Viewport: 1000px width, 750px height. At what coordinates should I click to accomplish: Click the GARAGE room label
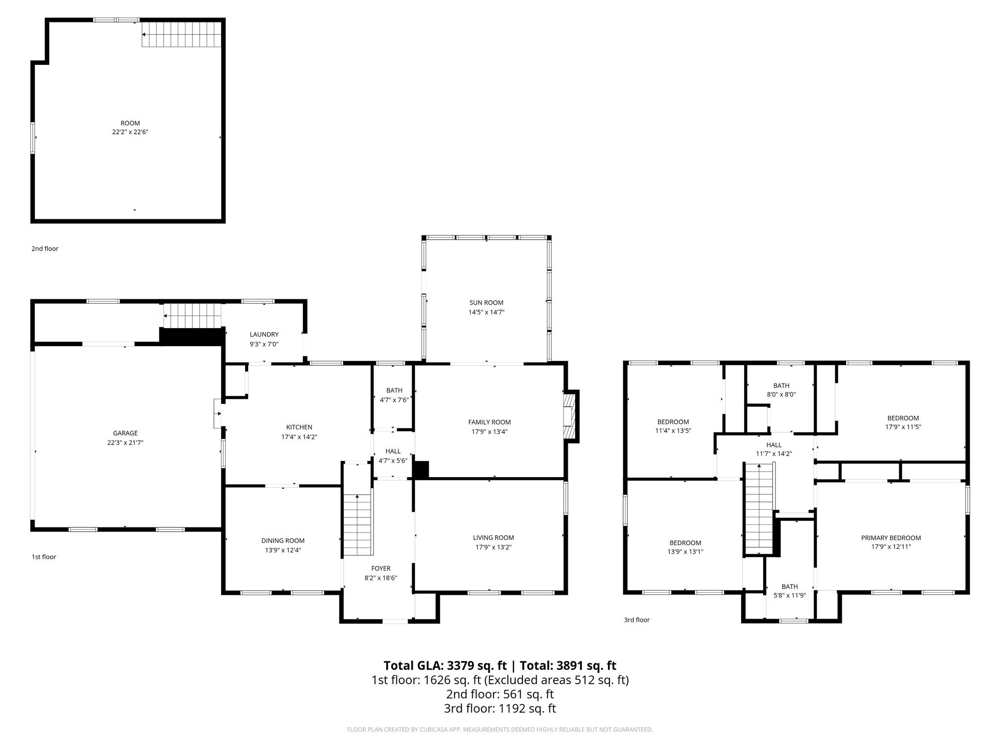(x=125, y=433)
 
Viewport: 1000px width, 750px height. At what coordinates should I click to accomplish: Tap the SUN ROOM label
(x=486, y=303)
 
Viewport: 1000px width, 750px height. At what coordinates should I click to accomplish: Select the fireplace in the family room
(x=569, y=416)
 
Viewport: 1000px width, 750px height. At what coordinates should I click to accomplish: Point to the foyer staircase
(x=357, y=524)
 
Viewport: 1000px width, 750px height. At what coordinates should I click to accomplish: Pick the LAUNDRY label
(x=264, y=334)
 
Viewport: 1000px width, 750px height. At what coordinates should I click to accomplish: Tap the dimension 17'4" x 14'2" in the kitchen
(x=299, y=437)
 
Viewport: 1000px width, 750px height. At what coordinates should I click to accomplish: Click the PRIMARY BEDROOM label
(x=891, y=538)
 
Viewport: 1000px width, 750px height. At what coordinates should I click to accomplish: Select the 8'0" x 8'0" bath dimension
(x=781, y=395)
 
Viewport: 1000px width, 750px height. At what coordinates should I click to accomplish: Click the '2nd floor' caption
(x=45, y=249)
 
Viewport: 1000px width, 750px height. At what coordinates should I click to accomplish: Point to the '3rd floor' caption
(x=636, y=620)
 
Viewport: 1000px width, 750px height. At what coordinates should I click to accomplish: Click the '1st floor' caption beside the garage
(x=44, y=557)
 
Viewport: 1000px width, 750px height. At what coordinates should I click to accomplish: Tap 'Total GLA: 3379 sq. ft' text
(x=445, y=666)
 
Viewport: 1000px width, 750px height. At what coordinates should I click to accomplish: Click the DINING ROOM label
(x=283, y=541)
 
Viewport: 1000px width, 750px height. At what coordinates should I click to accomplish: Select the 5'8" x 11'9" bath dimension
(x=789, y=595)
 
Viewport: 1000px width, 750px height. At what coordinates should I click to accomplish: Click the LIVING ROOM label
(x=493, y=538)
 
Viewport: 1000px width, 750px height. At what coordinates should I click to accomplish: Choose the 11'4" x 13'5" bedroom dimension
(x=673, y=431)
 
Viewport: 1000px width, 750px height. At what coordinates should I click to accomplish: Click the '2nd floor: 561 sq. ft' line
(x=500, y=694)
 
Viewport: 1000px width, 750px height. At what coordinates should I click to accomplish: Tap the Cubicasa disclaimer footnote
(x=500, y=729)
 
